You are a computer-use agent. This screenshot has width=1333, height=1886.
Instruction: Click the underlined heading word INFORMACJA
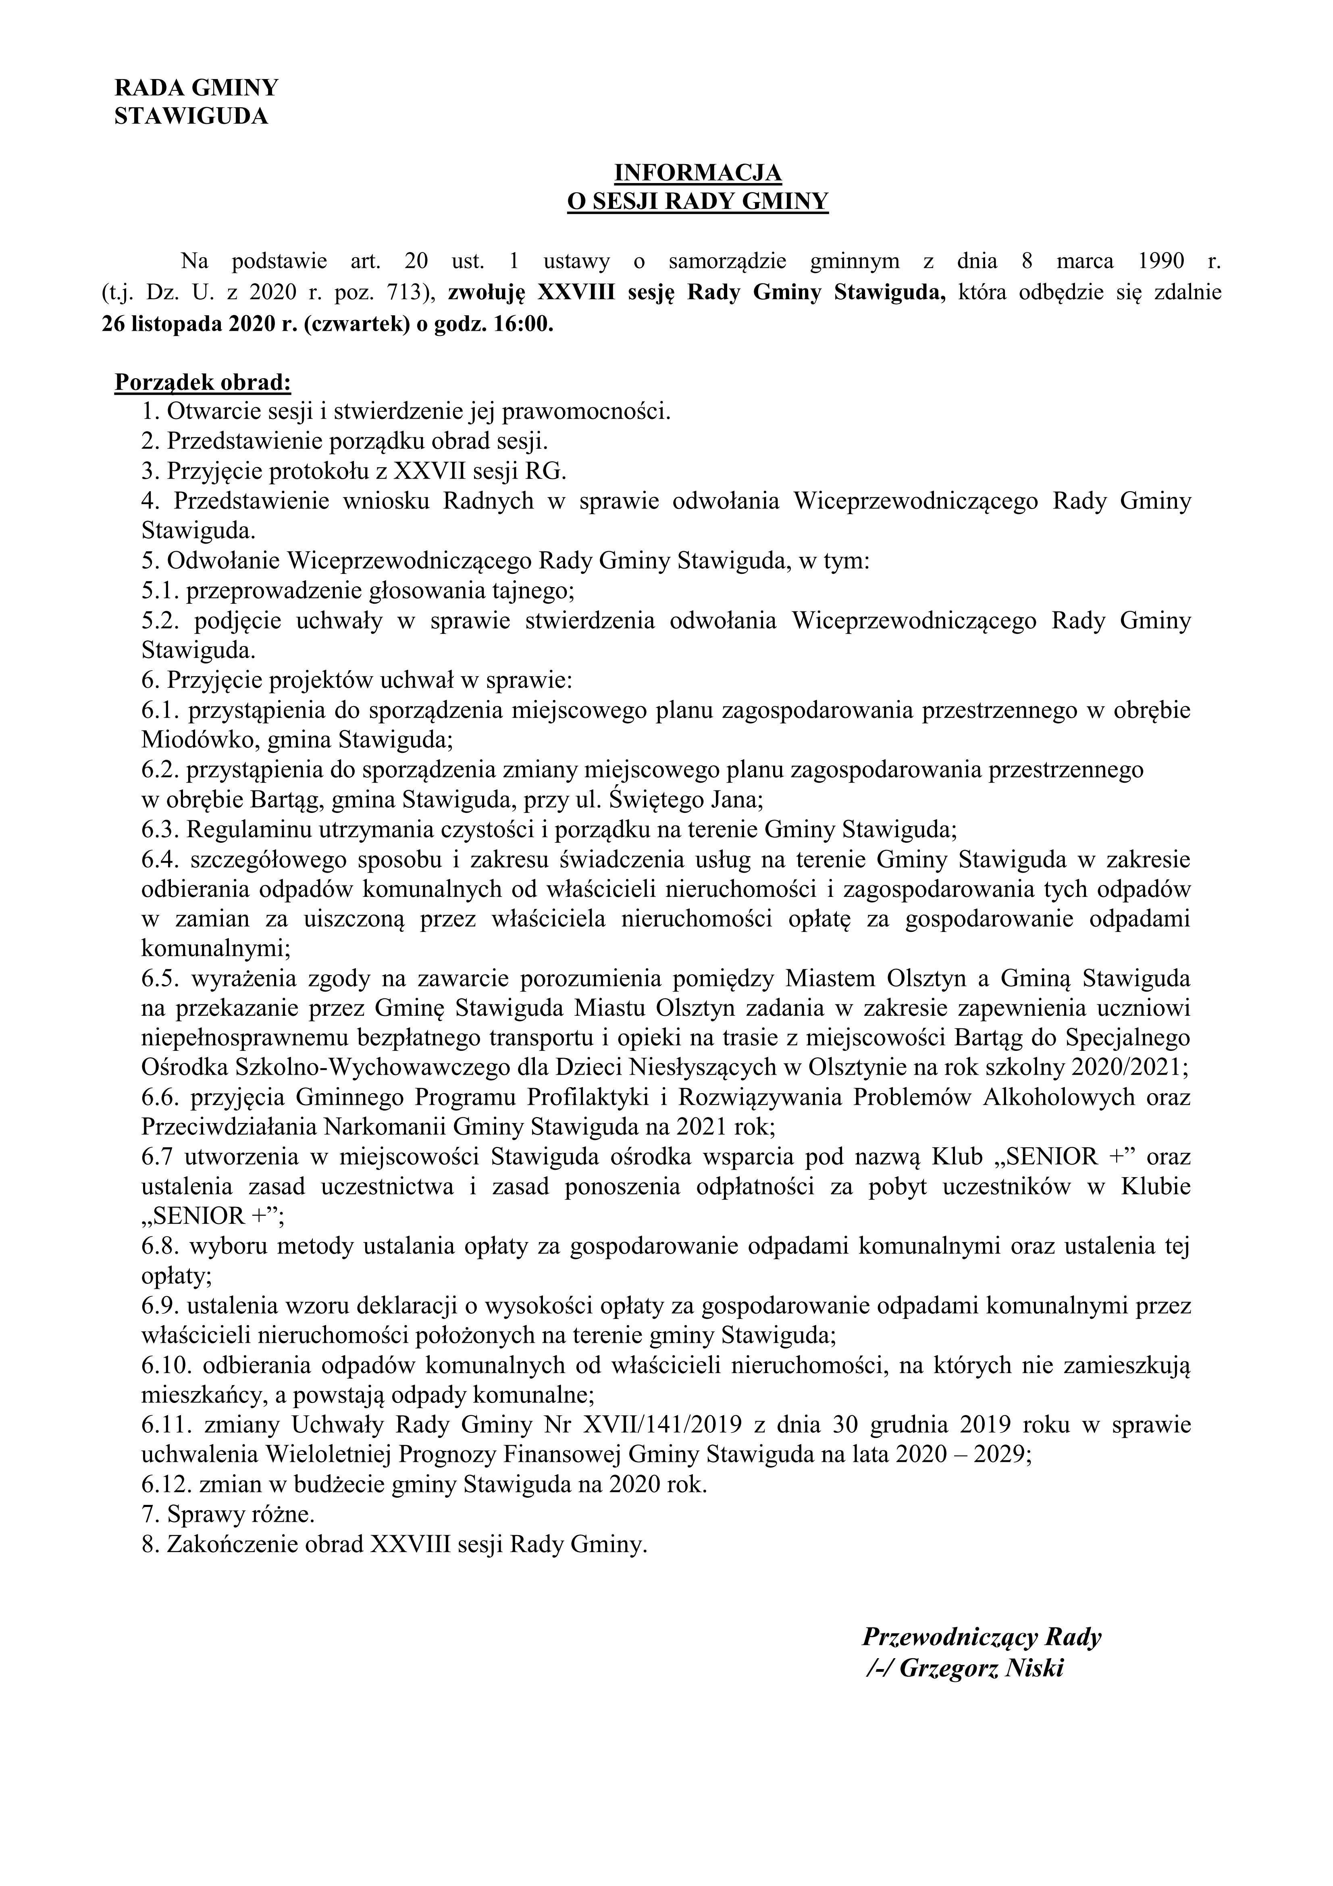698,173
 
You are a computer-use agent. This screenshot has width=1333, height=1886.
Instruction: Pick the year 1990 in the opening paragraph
1160,262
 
